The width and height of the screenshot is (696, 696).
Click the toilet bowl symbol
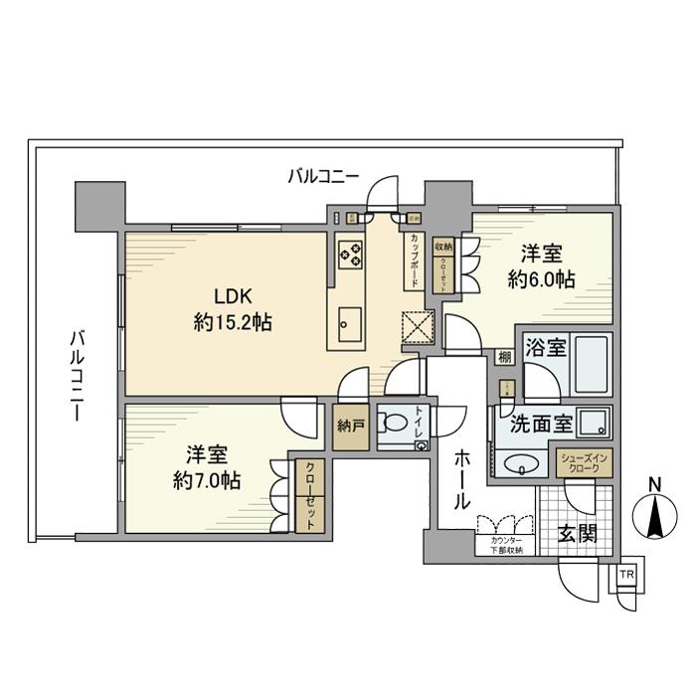(396, 423)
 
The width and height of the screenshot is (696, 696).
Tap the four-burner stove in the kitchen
(351, 256)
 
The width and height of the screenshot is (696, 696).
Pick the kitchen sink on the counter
(350, 322)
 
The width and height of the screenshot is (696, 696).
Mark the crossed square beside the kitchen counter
(416, 325)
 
